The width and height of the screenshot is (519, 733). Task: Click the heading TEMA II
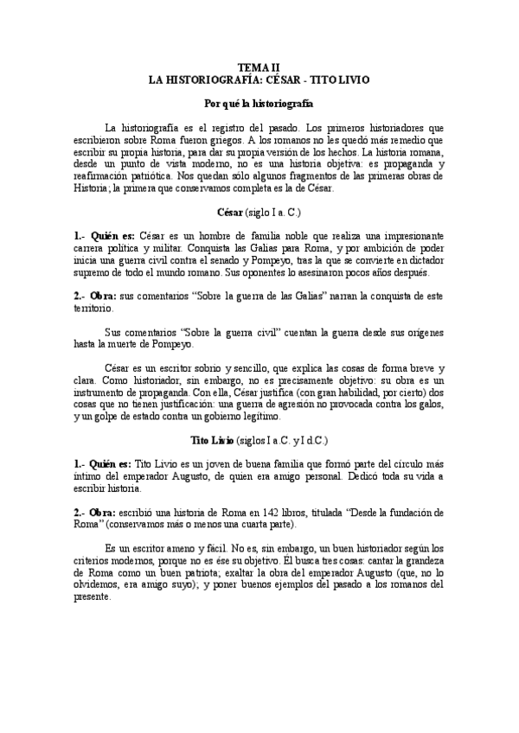coord(259,67)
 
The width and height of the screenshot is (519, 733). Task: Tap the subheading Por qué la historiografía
coord(259,103)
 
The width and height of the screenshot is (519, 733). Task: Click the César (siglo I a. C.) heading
coord(259,211)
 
